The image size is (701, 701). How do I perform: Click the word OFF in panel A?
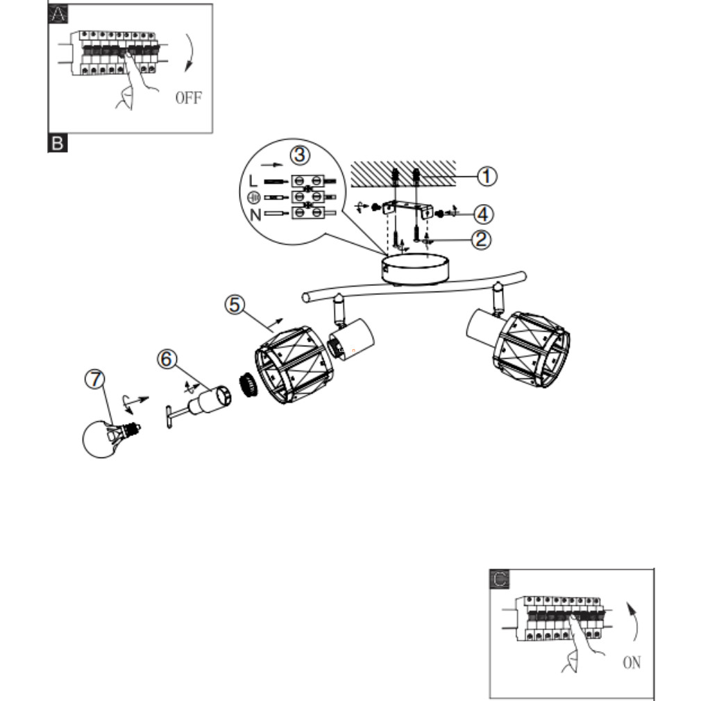[188, 97]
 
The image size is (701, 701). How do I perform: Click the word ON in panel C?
[632, 663]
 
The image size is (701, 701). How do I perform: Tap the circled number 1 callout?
[487, 176]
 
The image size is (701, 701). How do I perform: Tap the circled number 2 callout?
[480, 240]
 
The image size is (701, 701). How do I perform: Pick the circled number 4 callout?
[483, 210]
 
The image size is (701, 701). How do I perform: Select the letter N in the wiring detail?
[255, 214]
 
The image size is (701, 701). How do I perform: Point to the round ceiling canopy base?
[414, 269]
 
